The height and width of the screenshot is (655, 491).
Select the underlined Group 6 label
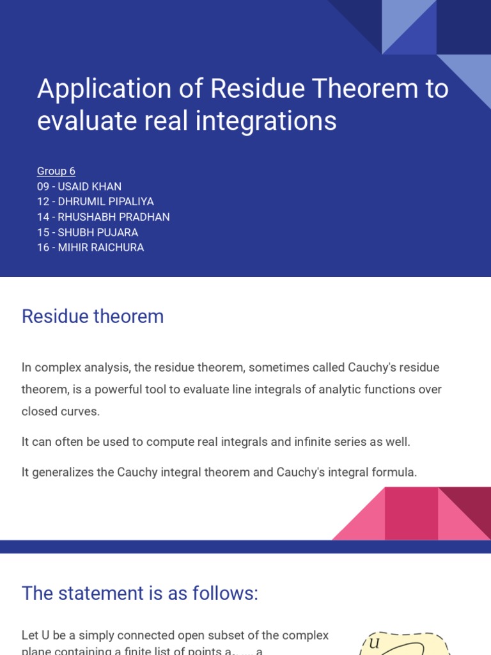[56, 171]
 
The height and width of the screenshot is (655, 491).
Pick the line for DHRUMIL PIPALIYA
[105, 202]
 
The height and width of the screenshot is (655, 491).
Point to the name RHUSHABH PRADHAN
[114, 217]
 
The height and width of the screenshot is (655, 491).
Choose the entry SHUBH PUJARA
[98, 233]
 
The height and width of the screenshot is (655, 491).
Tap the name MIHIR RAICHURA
[101, 248]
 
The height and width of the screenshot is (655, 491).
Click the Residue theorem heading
[93, 317]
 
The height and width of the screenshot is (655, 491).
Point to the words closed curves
[61, 411]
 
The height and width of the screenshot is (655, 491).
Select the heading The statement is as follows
[140, 593]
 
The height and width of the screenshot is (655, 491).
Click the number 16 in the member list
[43, 248]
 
